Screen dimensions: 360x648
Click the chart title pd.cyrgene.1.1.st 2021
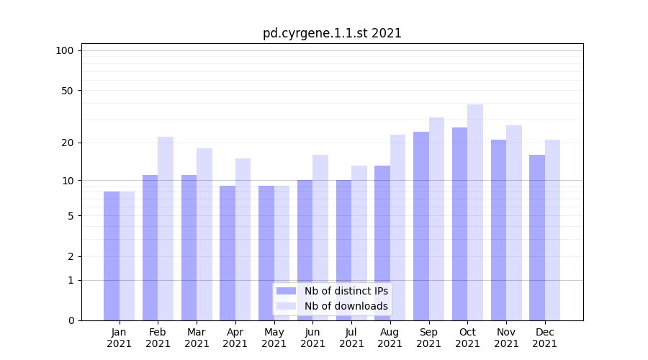tap(332, 33)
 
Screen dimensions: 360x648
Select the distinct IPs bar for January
tap(112, 256)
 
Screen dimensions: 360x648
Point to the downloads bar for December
tap(552, 230)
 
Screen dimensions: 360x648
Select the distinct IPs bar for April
tap(228, 253)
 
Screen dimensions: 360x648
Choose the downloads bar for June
tap(320, 238)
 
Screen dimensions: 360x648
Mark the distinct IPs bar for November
tap(498, 230)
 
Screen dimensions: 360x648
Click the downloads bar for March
tap(204, 234)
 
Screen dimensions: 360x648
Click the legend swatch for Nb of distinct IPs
tap(287, 291)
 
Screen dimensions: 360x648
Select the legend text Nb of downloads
tap(346, 306)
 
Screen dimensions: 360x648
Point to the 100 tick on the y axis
tap(65, 50)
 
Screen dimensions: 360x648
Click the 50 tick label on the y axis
tap(67, 91)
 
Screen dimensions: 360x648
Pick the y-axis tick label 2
tap(71, 256)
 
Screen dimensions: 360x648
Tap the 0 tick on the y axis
tap(71, 320)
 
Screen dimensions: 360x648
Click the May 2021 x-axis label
tap(274, 338)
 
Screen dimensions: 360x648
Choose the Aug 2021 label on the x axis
tap(390, 338)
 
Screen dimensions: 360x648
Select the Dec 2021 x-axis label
tap(545, 338)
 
